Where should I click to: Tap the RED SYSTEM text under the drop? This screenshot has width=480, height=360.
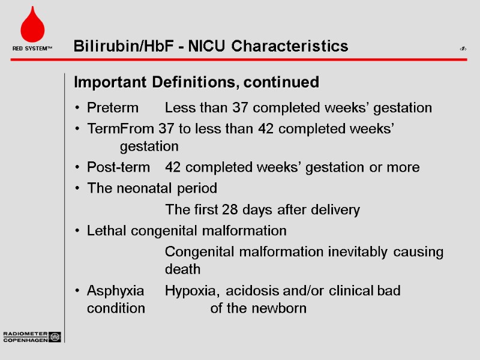(x=32, y=48)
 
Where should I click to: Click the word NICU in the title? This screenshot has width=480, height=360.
(x=208, y=46)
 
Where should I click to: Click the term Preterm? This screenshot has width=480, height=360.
(x=112, y=108)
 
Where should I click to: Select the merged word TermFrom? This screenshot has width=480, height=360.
(x=121, y=128)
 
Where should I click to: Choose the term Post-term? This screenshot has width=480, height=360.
(x=118, y=167)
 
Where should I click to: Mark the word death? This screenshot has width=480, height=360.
(x=182, y=269)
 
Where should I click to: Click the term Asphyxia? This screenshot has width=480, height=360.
(x=115, y=291)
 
